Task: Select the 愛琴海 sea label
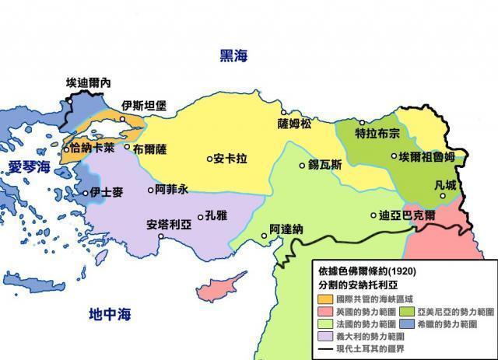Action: tap(29, 166)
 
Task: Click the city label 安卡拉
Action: tap(231, 159)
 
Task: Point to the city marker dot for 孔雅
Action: tap(201, 217)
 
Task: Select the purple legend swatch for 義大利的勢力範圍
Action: tap(324, 336)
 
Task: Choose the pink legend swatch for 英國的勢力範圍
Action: tap(324, 311)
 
